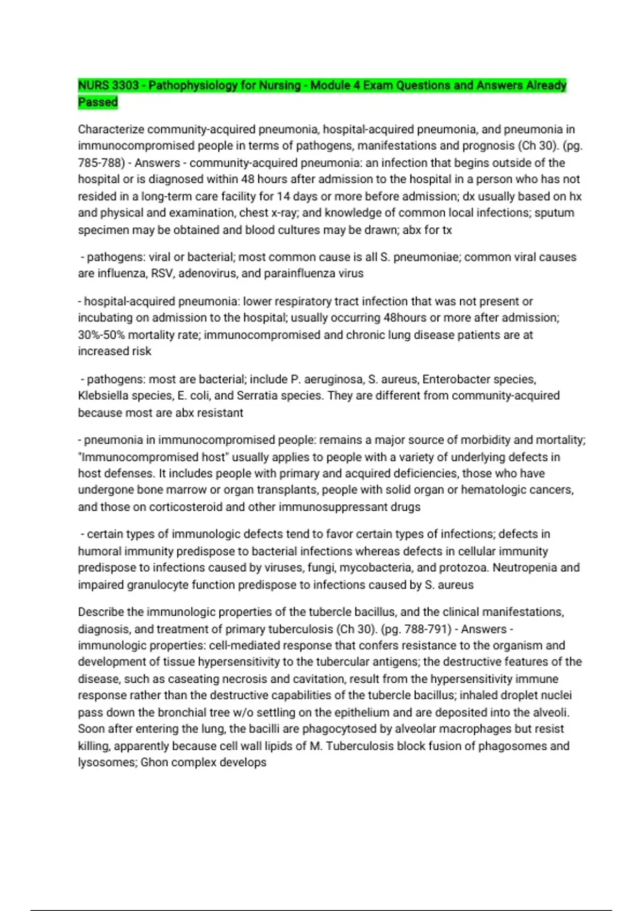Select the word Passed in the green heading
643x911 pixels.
tap(98, 102)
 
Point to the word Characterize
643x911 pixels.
tap(111, 129)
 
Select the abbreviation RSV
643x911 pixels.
tap(162, 273)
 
